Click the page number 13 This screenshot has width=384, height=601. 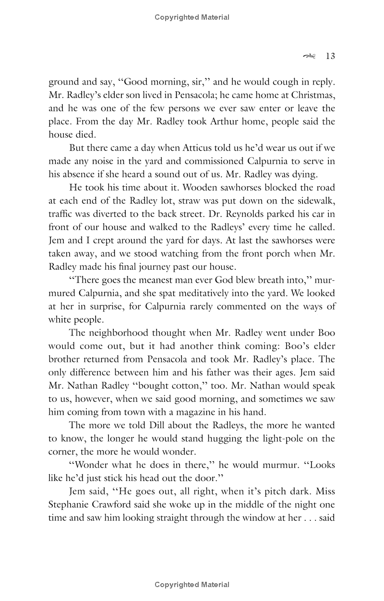click(x=330, y=57)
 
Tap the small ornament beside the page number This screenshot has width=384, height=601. click(x=310, y=57)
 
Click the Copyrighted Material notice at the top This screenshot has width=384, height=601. click(x=192, y=17)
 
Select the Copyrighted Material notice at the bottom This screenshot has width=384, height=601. click(x=192, y=585)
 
